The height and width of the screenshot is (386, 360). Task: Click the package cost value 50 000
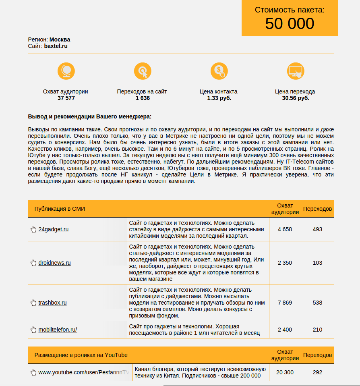(x=290, y=24)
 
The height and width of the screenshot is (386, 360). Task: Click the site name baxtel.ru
(x=56, y=46)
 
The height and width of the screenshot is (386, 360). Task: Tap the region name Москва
(x=60, y=39)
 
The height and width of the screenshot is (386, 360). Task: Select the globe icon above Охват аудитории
(x=66, y=71)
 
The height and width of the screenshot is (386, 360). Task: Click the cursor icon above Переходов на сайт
(x=143, y=71)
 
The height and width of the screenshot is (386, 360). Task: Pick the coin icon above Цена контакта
(x=219, y=71)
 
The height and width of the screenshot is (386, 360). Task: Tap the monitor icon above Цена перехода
(x=296, y=71)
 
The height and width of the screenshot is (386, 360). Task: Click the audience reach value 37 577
(x=66, y=98)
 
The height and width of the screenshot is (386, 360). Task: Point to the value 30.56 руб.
(x=296, y=98)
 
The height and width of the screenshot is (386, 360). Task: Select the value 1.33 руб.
(x=219, y=98)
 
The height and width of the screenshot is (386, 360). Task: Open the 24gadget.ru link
(x=53, y=229)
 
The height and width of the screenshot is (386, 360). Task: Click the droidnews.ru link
(x=54, y=263)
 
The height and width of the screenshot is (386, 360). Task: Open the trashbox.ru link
(x=52, y=303)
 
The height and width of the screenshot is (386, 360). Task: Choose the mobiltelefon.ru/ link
(x=58, y=330)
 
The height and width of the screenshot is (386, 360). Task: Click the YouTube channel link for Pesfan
(x=83, y=372)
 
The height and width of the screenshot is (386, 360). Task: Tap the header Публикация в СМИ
(x=60, y=209)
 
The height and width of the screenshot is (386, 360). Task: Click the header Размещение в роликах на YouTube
(x=81, y=355)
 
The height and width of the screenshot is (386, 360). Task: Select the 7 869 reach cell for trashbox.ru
(x=285, y=303)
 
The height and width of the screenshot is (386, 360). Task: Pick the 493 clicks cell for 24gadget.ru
(x=317, y=229)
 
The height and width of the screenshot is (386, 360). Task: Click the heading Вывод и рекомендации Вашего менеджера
(x=90, y=116)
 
